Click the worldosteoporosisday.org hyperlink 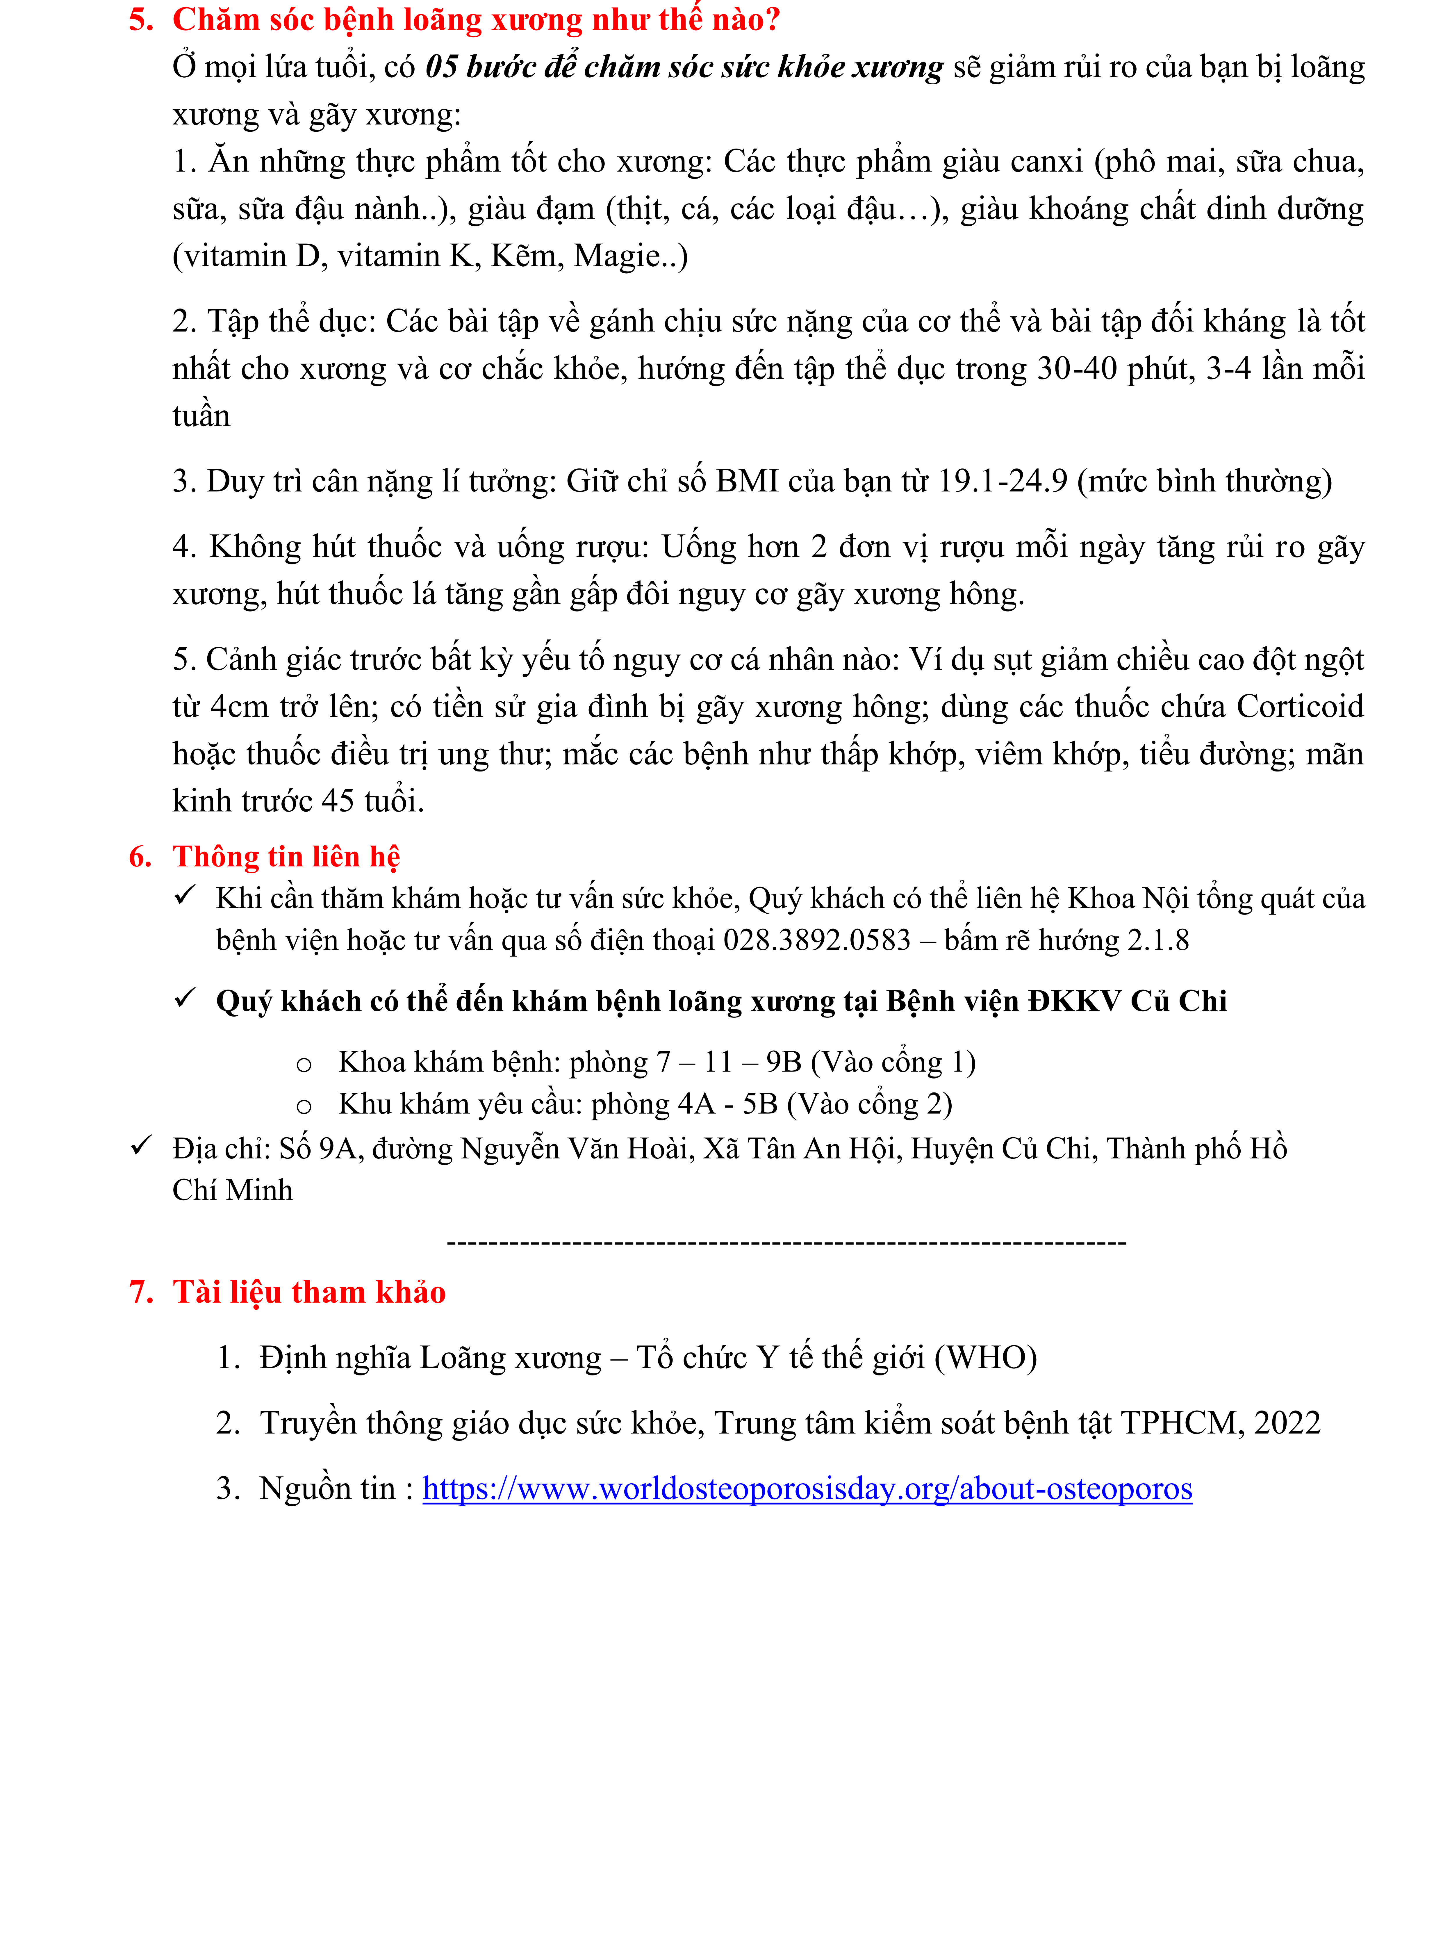(807, 1488)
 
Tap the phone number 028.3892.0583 (817, 940)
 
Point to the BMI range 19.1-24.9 (1002, 481)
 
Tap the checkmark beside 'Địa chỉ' (141, 1145)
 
